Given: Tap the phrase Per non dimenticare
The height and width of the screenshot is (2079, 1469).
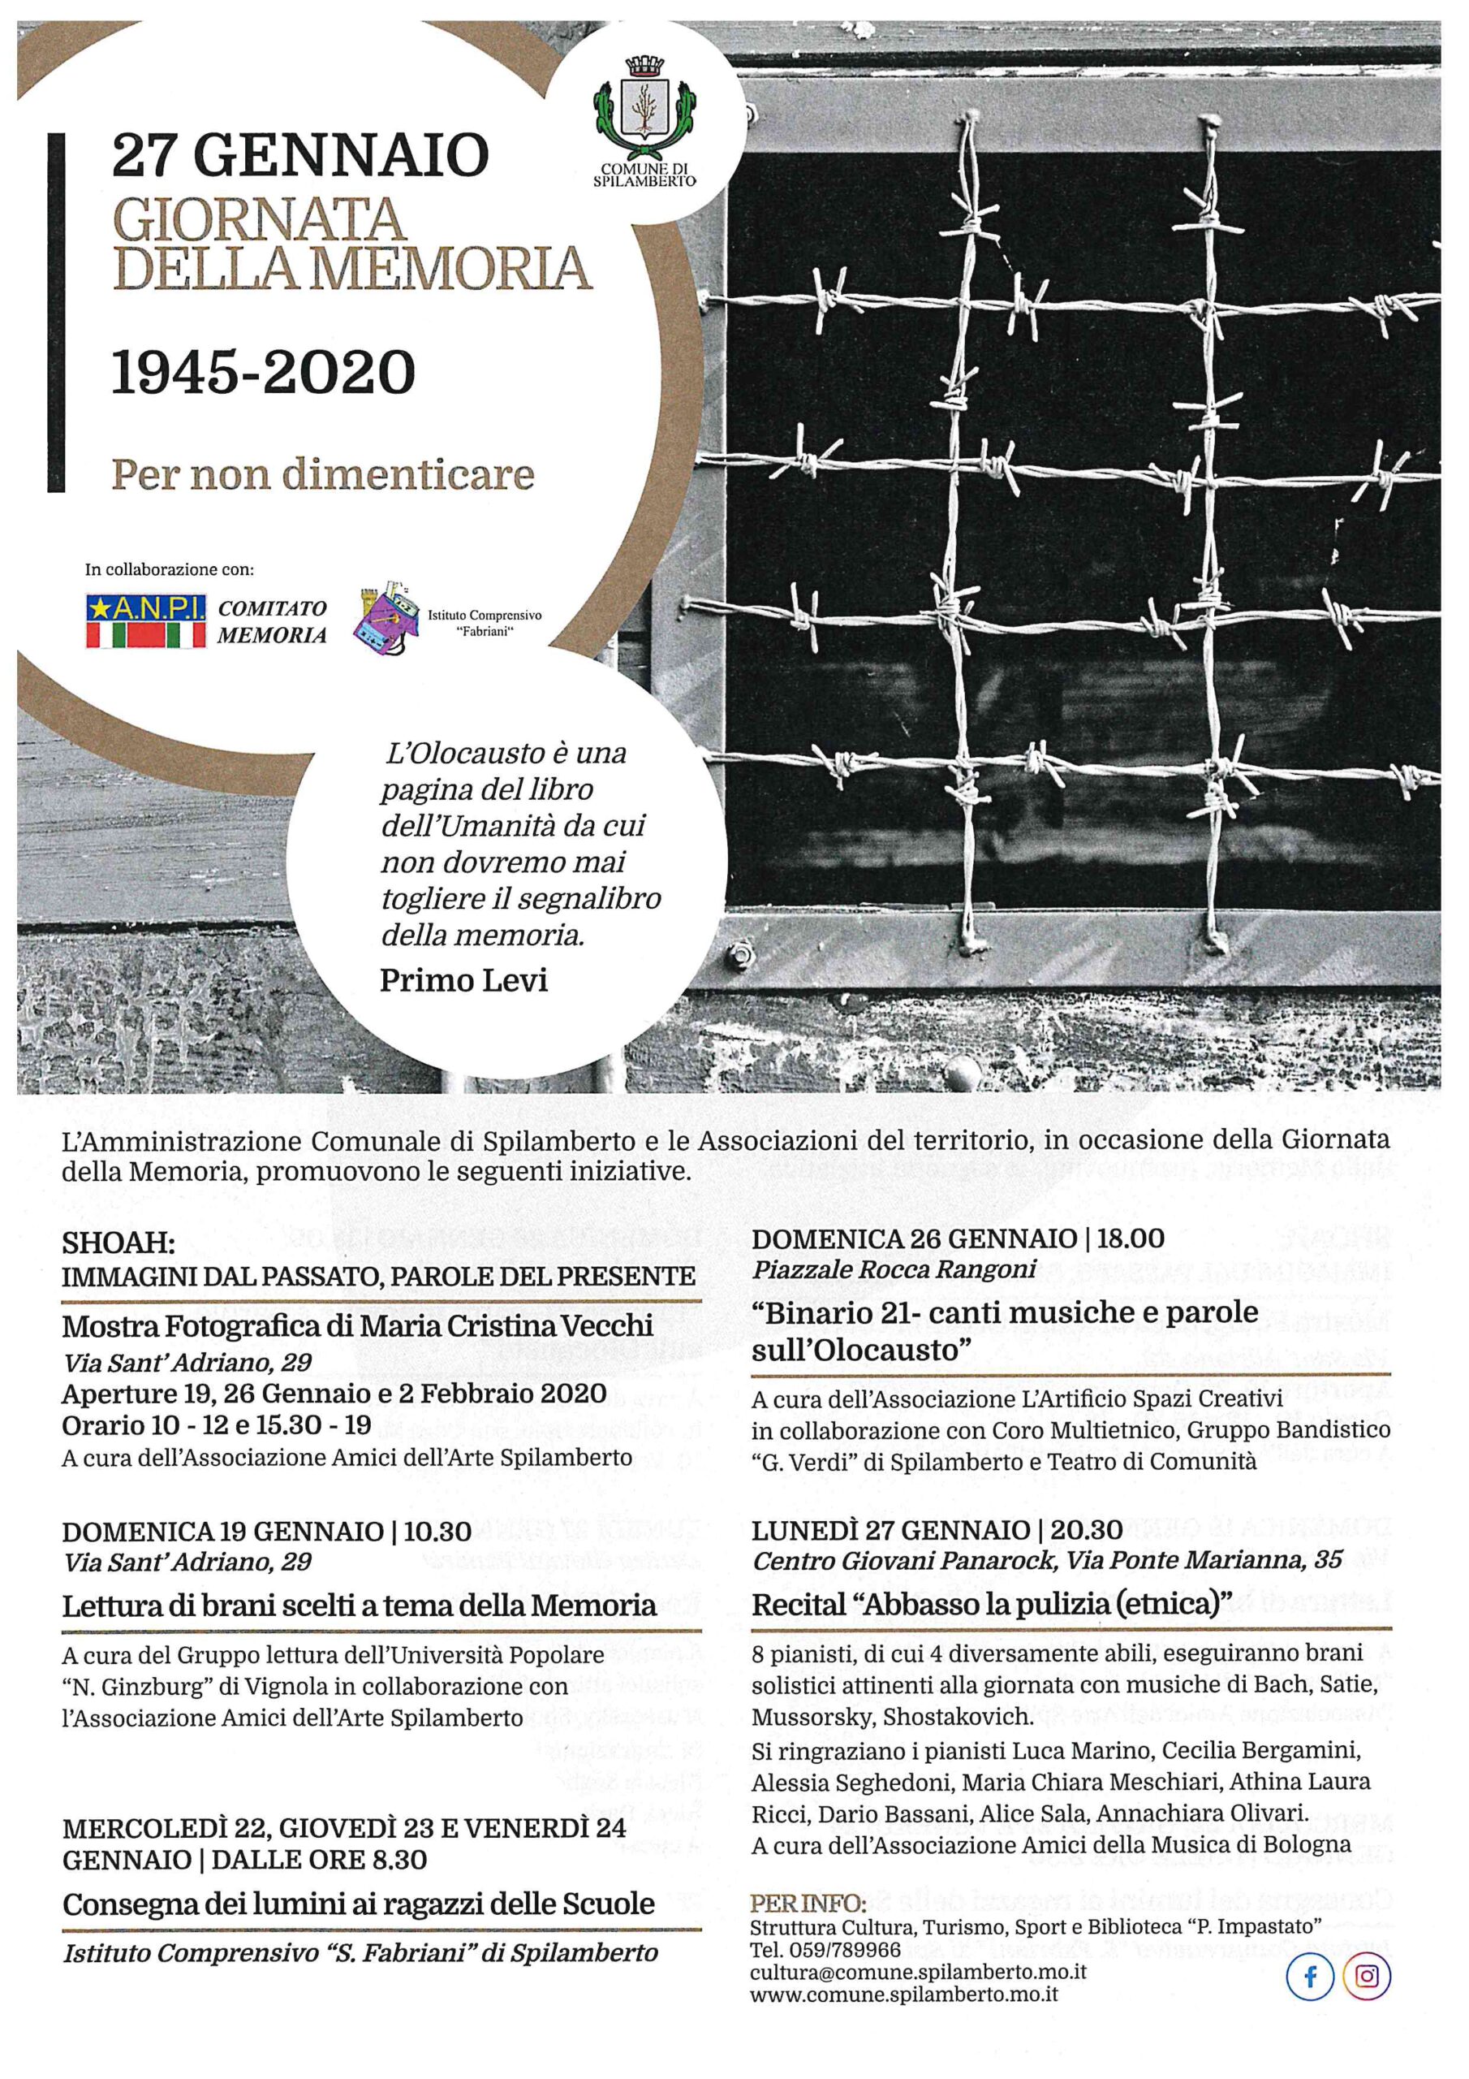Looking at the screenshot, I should [x=322, y=474].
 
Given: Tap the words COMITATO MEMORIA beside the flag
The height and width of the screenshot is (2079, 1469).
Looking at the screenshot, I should [x=272, y=621].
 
